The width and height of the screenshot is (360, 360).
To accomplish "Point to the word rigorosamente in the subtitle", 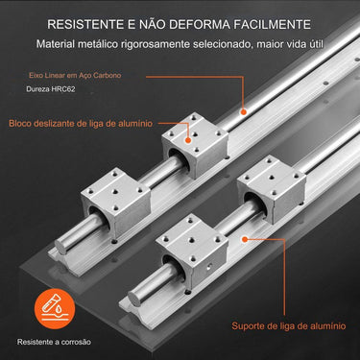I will point(155,44).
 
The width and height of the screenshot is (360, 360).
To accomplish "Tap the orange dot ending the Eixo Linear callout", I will point(244,112).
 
